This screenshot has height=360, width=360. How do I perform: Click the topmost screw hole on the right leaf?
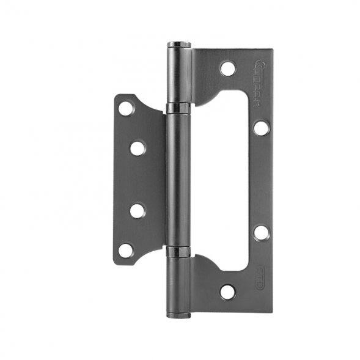click(x=227, y=68)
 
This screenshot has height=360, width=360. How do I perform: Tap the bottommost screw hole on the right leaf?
click(x=227, y=292)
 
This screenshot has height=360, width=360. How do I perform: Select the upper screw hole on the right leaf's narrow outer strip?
click(x=260, y=128)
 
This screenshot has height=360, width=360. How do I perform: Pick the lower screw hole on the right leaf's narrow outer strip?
click(x=260, y=232)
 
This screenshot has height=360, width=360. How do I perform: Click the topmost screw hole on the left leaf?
click(x=126, y=109)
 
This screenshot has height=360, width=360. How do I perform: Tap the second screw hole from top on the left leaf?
click(x=138, y=148)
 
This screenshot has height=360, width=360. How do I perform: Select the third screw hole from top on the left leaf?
click(x=138, y=211)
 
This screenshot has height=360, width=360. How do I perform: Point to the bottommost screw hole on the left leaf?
click(x=126, y=250)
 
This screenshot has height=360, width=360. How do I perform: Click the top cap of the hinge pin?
click(x=178, y=44)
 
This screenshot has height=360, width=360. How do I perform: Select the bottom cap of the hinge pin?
click(x=178, y=315)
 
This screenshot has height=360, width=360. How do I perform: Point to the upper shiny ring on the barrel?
click(x=178, y=109)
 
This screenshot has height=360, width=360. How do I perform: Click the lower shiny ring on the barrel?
click(x=178, y=251)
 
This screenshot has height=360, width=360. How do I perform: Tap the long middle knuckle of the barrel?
click(x=178, y=180)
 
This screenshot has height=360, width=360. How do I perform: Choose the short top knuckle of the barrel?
click(x=178, y=76)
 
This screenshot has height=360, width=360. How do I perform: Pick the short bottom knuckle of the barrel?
click(x=178, y=284)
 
